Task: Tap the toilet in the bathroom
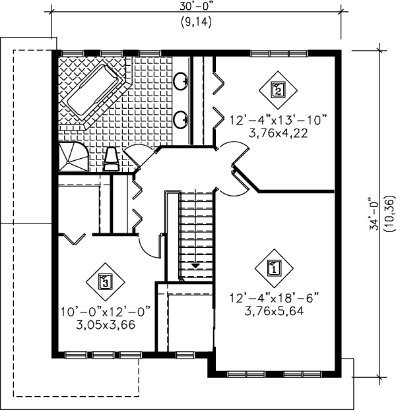112,158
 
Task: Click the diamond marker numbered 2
278,90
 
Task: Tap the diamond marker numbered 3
104,283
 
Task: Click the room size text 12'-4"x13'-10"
278,120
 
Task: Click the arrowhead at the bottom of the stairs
196,265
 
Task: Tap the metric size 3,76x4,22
278,132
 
